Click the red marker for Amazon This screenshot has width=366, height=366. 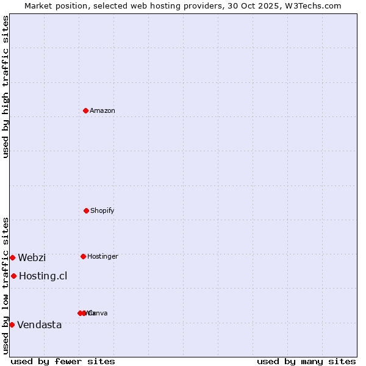point(85,110)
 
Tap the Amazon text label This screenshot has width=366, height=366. point(102,111)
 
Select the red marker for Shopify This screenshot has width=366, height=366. point(86,210)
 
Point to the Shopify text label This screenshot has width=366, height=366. point(102,211)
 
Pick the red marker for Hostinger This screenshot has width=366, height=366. point(83,256)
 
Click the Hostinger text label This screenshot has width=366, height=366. point(102,257)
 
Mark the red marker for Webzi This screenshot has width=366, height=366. point(12,257)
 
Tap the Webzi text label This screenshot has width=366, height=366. point(32,258)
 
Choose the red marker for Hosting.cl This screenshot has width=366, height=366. point(13,276)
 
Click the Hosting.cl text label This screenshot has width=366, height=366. point(43,276)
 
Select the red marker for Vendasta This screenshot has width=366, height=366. point(12,325)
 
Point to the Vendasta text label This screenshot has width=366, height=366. point(40,325)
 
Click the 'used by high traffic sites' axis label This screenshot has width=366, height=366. point(6,87)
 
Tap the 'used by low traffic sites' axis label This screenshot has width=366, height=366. point(6,285)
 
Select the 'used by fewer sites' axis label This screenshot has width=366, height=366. point(63,361)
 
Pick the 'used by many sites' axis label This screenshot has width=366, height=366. point(306,361)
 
